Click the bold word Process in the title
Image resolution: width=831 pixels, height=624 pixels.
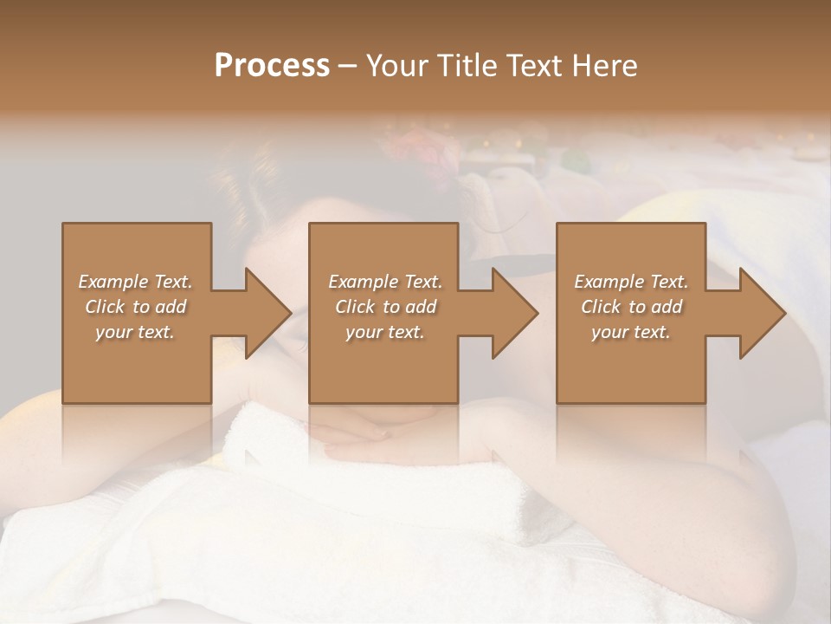(272, 66)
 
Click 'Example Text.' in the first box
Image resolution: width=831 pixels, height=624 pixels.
(135, 282)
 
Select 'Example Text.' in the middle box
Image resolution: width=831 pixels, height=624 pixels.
(384, 282)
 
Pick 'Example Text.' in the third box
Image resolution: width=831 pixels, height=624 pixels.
(631, 282)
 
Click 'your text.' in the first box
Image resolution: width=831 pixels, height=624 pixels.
(135, 332)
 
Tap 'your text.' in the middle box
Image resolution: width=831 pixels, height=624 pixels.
(384, 332)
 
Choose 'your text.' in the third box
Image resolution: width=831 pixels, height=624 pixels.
(631, 332)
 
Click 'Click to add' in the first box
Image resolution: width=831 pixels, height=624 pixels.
(135, 307)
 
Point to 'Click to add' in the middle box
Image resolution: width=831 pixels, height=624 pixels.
(384, 307)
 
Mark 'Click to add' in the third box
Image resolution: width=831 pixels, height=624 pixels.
(631, 307)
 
